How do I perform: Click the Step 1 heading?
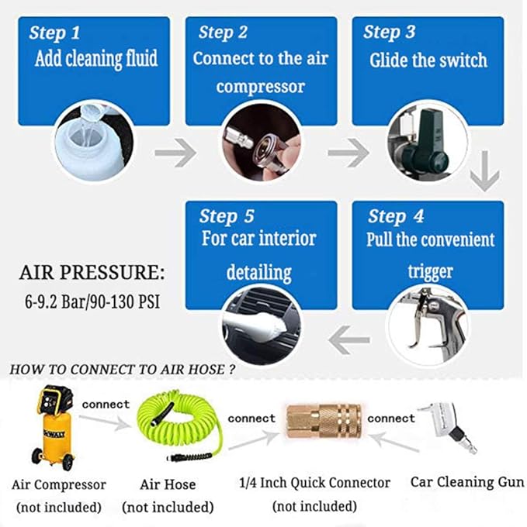tap(54, 33)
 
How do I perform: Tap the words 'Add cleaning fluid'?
tap(95, 59)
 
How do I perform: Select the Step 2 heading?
tap(223, 33)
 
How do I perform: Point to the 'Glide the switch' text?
tap(428, 60)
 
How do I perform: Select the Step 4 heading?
tap(397, 215)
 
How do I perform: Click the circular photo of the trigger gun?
tap(427, 325)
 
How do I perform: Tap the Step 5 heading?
tap(227, 215)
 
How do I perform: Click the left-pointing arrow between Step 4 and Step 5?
tap(349, 336)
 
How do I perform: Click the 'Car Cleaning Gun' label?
tap(466, 482)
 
